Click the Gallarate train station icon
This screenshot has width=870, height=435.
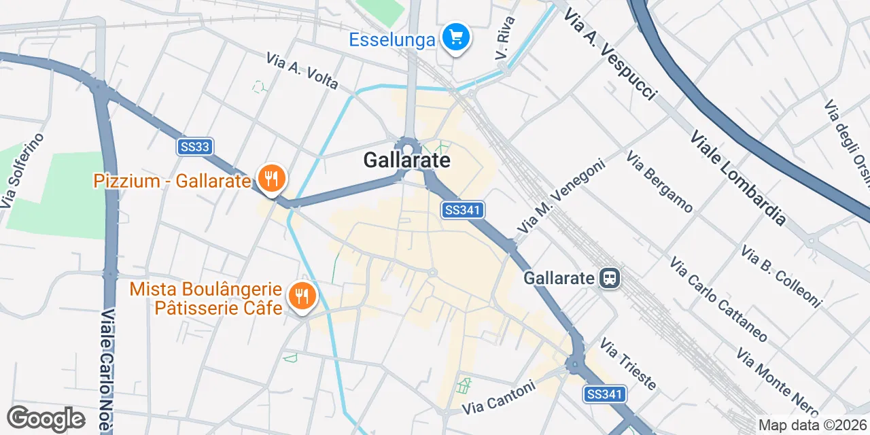pyautogui.click(x=609, y=277)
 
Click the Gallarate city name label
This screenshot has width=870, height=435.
pyautogui.click(x=406, y=160)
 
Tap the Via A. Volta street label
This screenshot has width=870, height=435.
pyautogui.click(x=302, y=71)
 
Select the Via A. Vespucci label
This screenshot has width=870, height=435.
pyautogui.click(x=609, y=53)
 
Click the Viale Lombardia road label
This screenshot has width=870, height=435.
pyautogui.click(x=738, y=178)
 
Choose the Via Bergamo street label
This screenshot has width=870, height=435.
pyautogui.click(x=660, y=182)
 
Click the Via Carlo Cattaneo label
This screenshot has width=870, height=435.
pyautogui.click(x=718, y=299)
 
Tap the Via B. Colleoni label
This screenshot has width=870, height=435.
pyautogui.click(x=781, y=276)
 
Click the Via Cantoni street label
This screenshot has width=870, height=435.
pyautogui.click(x=499, y=398)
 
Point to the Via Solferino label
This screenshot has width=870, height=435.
pyautogui.click(x=22, y=171)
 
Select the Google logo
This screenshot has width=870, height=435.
pyautogui.click(x=46, y=419)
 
